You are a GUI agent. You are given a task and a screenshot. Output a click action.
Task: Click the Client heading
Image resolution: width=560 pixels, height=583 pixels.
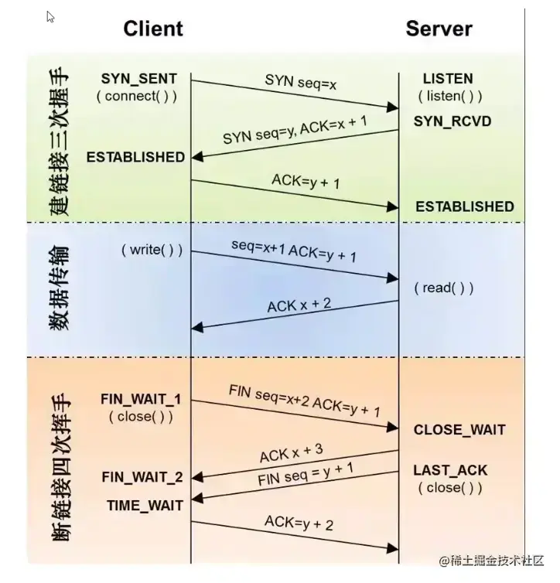(153, 29)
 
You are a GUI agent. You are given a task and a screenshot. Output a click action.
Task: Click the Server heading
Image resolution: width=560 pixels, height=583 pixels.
(439, 29)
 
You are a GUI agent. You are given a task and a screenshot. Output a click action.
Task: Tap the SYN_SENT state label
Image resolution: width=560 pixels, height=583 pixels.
(138, 79)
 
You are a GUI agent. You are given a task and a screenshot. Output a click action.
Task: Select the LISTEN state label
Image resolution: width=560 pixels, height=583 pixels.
(448, 79)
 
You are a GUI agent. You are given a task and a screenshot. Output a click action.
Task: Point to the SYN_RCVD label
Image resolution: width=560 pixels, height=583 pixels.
(452, 121)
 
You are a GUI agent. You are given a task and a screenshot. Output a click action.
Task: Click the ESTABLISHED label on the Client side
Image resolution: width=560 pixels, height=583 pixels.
(136, 157)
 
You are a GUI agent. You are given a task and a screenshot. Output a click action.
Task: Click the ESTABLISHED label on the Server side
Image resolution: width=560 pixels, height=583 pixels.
(464, 206)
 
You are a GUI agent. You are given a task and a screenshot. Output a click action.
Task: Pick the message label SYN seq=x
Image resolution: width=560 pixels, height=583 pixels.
(301, 81)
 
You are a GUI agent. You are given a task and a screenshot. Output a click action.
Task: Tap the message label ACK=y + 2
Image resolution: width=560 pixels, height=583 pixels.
(299, 523)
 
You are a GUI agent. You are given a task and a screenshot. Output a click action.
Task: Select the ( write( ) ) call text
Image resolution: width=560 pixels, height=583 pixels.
(152, 250)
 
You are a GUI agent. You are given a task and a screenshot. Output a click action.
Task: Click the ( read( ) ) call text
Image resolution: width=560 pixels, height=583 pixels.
(443, 288)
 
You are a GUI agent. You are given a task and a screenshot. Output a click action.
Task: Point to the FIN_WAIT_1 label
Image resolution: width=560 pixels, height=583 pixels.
(141, 400)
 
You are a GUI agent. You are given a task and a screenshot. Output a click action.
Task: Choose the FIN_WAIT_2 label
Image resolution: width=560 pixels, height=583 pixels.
(142, 477)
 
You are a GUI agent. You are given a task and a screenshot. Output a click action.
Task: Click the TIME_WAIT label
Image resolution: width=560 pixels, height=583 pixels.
(145, 506)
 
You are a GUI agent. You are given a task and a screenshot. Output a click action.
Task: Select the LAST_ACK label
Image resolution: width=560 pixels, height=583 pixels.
(450, 470)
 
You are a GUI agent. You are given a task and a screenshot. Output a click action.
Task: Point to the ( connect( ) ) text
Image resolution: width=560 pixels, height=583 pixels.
(136, 97)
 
